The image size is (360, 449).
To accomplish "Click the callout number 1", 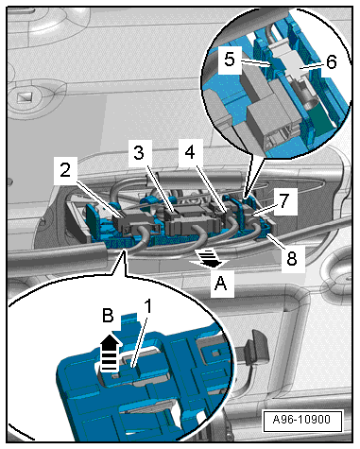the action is (x=147, y=306).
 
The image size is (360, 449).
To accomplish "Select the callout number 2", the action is (x=65, y=170).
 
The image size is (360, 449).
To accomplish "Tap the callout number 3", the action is (x=139, y=152).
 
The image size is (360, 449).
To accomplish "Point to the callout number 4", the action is (x=190, y=152).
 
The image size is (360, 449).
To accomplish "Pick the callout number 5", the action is (x=230, y=59).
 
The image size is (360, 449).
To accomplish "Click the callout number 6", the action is (x=332, y=61).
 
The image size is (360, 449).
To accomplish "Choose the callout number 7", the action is (x=284, y=200).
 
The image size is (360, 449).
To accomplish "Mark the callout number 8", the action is (x=292, y=259).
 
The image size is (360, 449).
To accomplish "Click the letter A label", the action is (x=220, y=284).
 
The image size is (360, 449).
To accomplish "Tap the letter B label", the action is (x=108, y=315).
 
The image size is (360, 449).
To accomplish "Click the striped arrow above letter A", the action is (x=209, y=257).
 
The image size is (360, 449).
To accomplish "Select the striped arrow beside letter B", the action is (x=110, y=354).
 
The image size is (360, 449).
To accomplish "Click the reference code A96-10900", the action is (x=301, y=420).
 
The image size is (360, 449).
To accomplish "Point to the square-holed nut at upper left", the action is (x=26, y=96).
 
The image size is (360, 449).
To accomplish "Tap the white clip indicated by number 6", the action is (x=288, y=62).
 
